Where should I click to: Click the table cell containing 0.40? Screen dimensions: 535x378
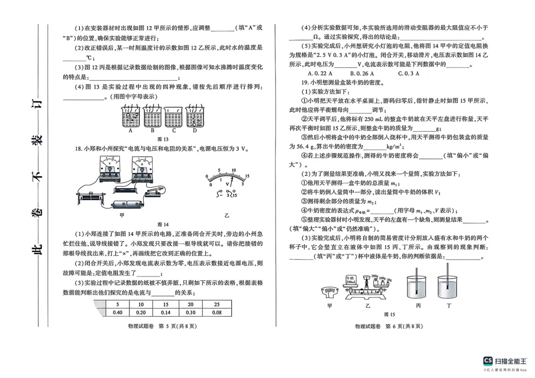click(117, 313)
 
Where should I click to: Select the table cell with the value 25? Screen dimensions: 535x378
click(217, 305)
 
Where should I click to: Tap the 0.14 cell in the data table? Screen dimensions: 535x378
click(165, 313)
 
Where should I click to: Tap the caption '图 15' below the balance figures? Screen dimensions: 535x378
click(389, 314)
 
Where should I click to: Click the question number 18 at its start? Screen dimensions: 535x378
click(78, 149)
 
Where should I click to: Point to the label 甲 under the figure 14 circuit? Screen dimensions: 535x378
click(122, 216)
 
